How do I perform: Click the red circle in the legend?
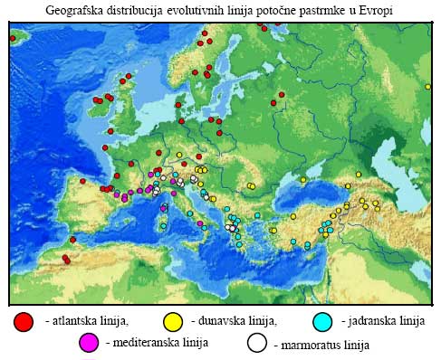[x=24, y=321]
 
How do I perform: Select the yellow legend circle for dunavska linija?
[x=173, y=321]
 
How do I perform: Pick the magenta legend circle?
[x=89, y=343]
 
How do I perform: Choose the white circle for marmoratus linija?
[x=257, y=343]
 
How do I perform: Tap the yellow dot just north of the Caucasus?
[x=360, y=173]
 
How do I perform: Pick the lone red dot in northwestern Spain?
[x=82, y=181]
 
